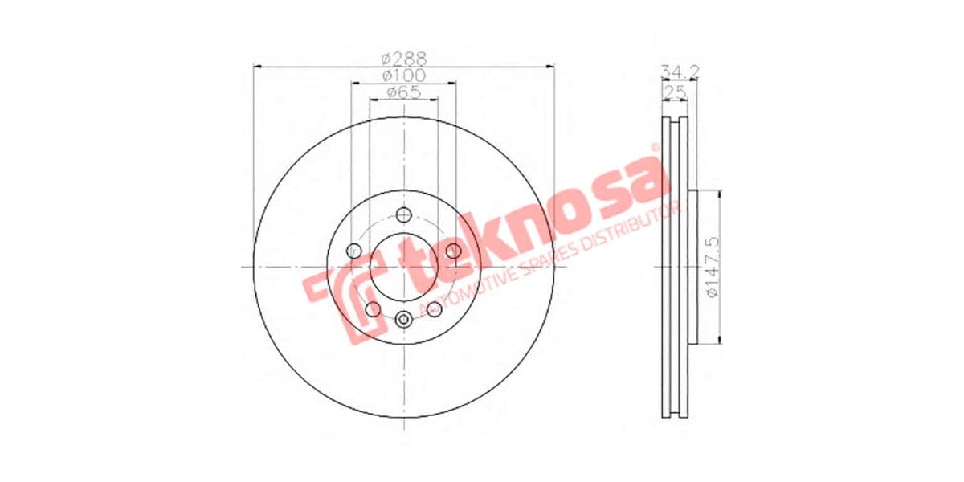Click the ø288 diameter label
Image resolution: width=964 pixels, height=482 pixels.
tap(403, 59)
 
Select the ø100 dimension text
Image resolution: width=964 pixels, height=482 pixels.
tap(403, 76)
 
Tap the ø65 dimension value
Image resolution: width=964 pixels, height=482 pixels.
tap(403, 92)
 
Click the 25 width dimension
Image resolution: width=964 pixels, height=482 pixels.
tap(676, 92)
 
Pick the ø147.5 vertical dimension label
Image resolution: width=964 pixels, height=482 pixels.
tap(711, 268)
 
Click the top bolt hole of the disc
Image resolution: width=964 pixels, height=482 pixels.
tap(403, 214)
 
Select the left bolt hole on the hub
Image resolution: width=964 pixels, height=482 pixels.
tap(353, 251)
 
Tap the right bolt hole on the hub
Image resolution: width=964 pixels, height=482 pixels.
tap(453, 251)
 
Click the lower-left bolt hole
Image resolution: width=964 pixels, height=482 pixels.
tap(373, 309)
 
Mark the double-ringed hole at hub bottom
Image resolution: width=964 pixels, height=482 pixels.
tap(403, 319)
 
